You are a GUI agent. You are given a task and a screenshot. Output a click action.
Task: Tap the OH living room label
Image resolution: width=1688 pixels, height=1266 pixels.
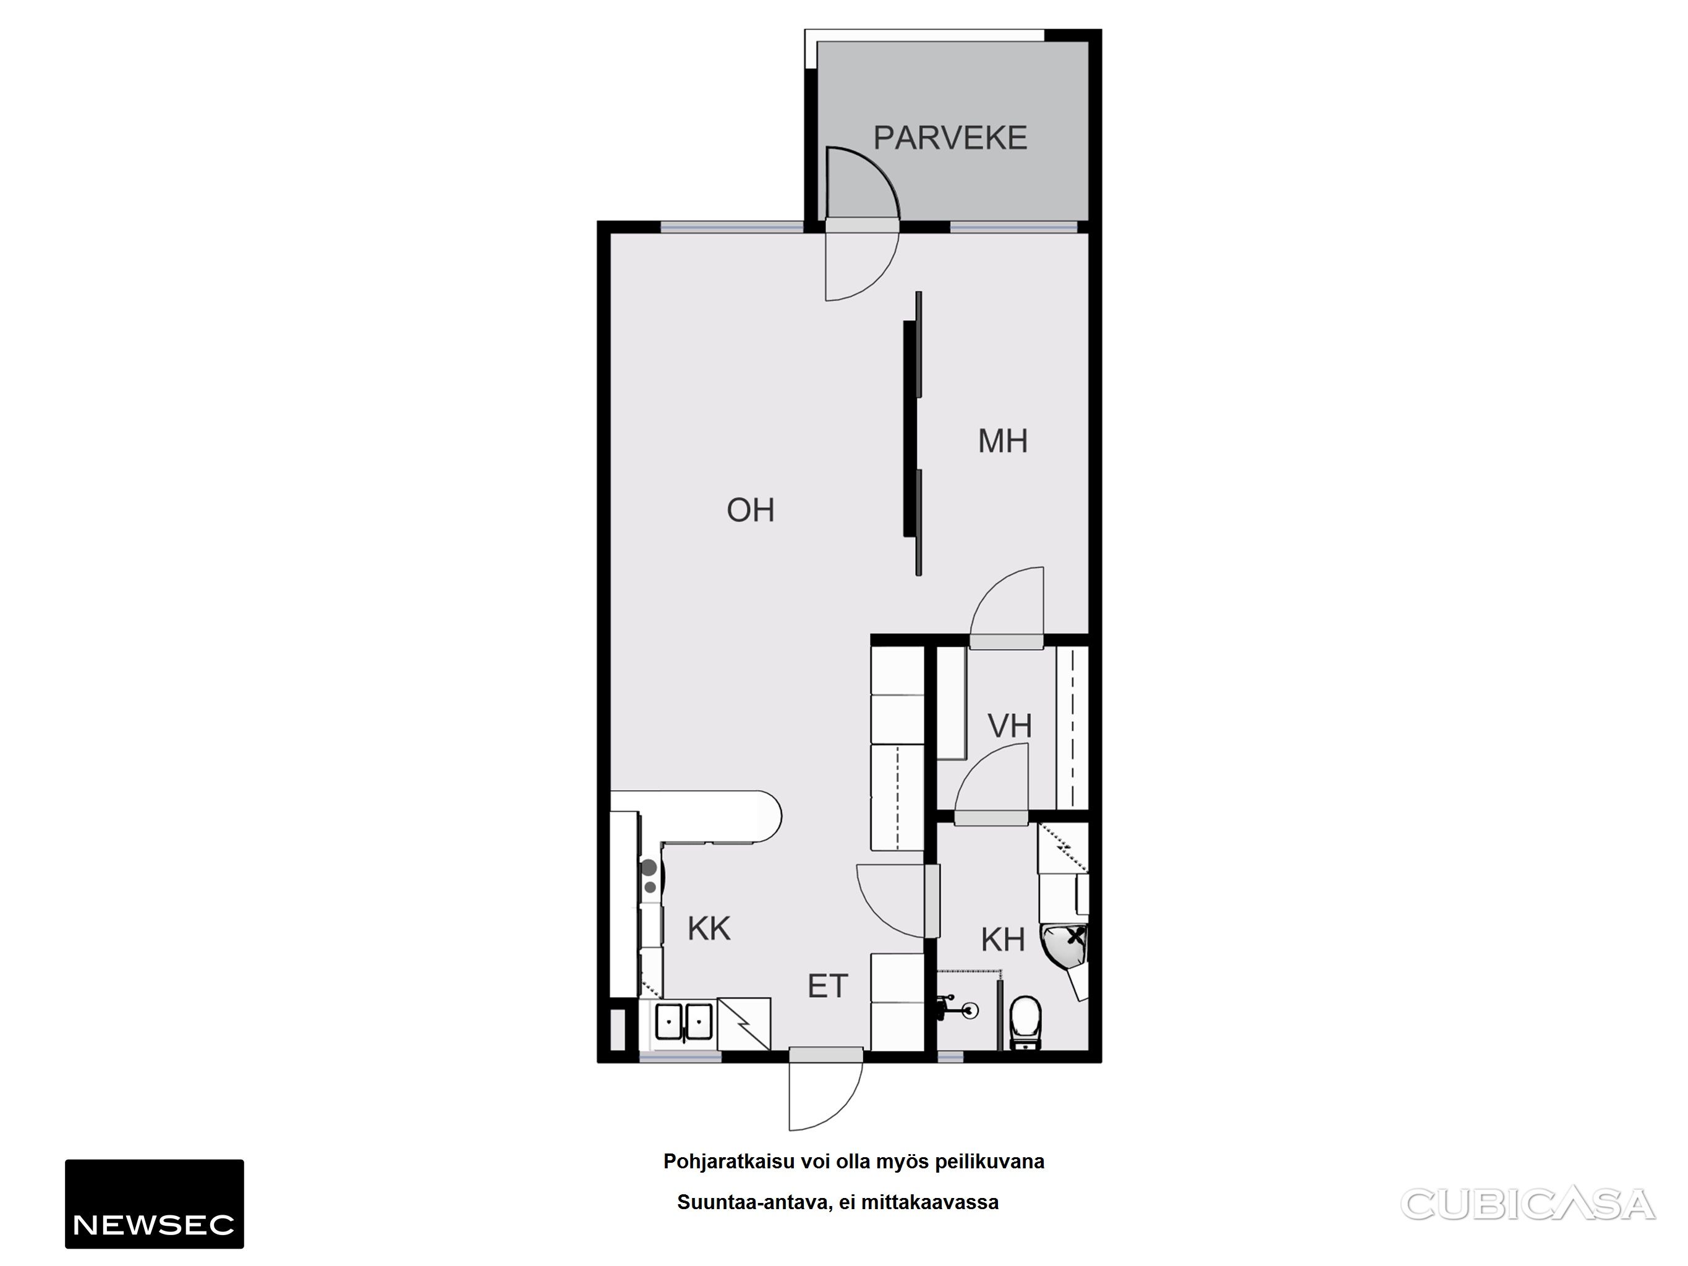(x=750, y=511)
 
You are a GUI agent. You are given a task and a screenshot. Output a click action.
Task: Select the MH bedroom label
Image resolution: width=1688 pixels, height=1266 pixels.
(x=1003, y=441)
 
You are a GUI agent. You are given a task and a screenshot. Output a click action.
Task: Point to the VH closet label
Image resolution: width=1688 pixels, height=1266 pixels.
(x=1010, y=726)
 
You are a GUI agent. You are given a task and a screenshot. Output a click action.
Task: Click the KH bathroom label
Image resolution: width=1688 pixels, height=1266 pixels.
(x=1003, y=940)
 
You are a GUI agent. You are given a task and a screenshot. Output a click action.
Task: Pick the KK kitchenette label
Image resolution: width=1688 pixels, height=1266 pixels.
(x=709, y=928)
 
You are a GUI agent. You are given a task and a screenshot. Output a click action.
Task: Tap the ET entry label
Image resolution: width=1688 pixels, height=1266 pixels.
(x=828, y=987)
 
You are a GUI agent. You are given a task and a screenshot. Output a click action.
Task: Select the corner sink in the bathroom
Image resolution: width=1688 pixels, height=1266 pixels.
(x=1065, y=954)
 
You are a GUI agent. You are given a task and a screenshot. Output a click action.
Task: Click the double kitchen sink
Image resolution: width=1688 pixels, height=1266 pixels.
(x=684, y=1021)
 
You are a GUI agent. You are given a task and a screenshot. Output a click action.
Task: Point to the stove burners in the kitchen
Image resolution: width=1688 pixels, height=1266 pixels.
(x=649, y=877)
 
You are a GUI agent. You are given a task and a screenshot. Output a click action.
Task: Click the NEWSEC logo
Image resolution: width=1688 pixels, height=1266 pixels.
(x=154, y=1204)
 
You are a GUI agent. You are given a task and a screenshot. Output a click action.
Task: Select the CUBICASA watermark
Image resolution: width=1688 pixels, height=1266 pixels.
(x=1528, y=1204)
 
